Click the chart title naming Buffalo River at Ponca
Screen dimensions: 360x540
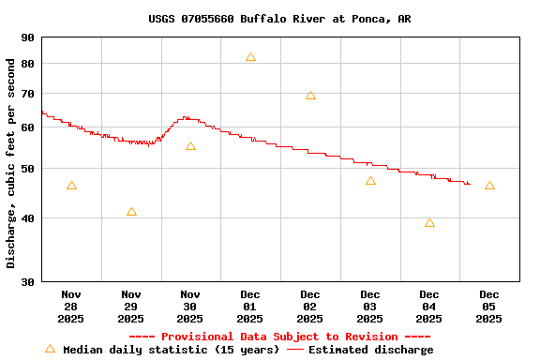click(x=279, y=19)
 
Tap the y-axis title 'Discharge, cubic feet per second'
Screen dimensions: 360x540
click(x=11, y=163)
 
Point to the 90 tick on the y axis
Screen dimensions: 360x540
click(x=26, y=37)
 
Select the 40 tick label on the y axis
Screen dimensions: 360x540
click(x=26, y=218)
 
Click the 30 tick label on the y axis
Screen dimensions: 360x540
click(x=26, y=281)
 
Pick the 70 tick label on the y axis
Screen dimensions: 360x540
click(x=26, y=94)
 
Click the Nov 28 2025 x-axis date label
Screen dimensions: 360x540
click(x=71, y=306)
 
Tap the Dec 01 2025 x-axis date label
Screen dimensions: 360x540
click(x=250, y=306)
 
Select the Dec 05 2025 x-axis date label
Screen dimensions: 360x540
click(x=489, y=306)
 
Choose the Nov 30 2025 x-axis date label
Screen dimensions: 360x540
click(x=190, y=306)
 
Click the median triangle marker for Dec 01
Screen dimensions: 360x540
click(x=250, y=57)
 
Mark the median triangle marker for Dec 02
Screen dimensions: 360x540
click(x=310, y=95)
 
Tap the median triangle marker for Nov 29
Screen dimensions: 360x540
click(x=131, y=212)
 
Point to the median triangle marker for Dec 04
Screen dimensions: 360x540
click(x=429, y=223)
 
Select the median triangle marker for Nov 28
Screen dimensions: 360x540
click(x=71, y=186)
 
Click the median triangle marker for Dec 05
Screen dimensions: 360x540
click(x=489, y=186)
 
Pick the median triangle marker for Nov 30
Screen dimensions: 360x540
click(x=190, y=146)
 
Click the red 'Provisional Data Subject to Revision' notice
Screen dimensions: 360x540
click(x=279, y=337)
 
